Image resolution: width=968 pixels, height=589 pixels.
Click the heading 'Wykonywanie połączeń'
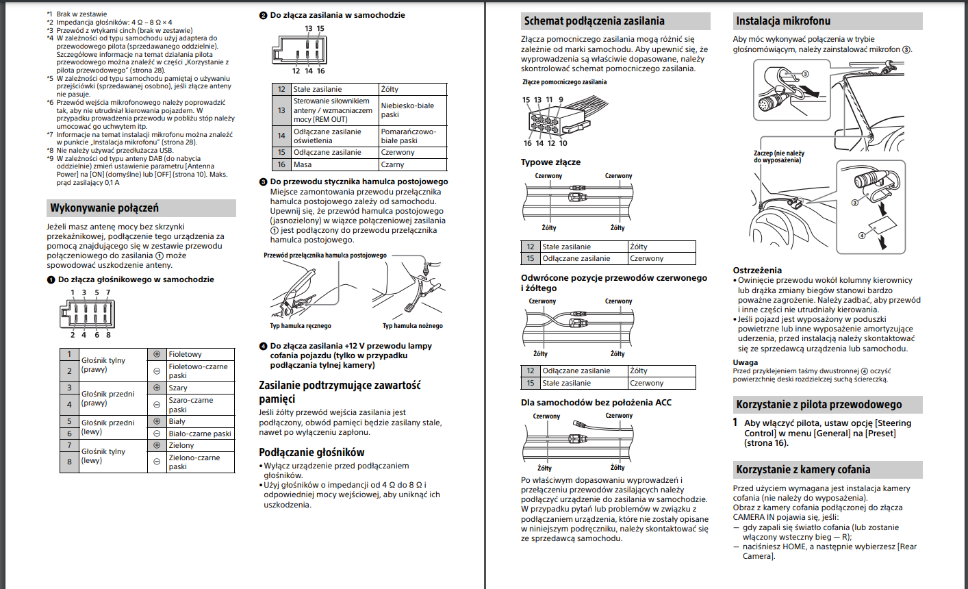click(x=104, y=208)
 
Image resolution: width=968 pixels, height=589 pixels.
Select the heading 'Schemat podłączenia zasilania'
click(x=594, y=21)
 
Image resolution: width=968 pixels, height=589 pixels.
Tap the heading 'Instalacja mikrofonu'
click(x=783, y=21)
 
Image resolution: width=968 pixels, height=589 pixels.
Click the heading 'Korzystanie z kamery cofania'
click(x=803, y=470)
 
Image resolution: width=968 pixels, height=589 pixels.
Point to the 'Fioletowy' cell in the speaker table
click(x=186, y=354)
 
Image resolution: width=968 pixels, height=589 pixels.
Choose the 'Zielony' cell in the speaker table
click(x=181, y=445)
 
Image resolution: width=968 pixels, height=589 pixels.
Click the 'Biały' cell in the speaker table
click(x=177, y=421)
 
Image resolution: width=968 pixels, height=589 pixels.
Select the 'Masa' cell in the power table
click(x=303, y=164)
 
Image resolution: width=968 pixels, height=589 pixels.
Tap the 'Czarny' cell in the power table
click(x=393, y=164)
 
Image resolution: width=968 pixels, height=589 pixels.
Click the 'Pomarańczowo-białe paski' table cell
click(x=408, y=136)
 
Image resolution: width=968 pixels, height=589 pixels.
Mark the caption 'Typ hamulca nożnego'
click(x=412, y=326)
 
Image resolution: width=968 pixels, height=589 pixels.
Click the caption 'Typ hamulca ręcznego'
click(x=301, y=326)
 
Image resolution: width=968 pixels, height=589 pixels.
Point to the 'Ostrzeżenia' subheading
click(x=757, y=271)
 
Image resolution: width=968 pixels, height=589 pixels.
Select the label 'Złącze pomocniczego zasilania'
click(x=564, y=82)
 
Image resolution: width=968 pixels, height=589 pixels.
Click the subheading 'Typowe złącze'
click(x=550, y=162)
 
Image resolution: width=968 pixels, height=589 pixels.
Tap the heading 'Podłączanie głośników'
click(x=311, y=452)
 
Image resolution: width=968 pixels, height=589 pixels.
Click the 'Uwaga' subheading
click(x=746, y=362)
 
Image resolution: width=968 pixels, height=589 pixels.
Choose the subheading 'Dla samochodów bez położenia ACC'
click(x=596, y=402)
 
